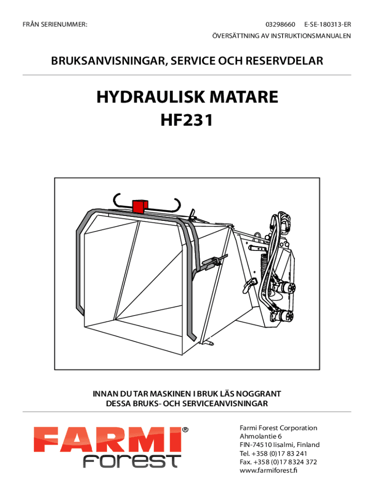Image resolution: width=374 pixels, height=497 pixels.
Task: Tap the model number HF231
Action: (187, 120)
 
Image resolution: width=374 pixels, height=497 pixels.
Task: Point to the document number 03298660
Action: (280, 24)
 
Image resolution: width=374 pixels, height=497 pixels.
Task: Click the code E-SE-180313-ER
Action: (328, 24)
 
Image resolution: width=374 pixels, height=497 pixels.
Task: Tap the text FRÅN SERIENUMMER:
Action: (55, 24)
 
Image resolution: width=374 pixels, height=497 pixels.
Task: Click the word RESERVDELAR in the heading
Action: (284, 61)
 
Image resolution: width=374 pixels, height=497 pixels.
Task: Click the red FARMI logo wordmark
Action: (107, 440)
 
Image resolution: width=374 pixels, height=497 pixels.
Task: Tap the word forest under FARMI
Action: (132, 461)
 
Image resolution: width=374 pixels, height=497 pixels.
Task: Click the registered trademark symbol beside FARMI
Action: (185, 430)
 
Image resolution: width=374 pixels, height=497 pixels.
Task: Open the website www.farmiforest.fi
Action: (269, 470)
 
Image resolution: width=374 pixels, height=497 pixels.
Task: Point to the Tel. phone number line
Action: (273, 453)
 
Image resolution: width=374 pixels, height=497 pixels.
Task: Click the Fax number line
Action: (278, 462)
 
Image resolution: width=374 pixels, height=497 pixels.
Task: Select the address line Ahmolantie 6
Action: (260, 436)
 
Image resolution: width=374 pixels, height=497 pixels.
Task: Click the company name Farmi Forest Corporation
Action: (278, 428)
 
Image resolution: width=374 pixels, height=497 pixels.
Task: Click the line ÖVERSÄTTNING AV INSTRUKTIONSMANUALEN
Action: (282, 36)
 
